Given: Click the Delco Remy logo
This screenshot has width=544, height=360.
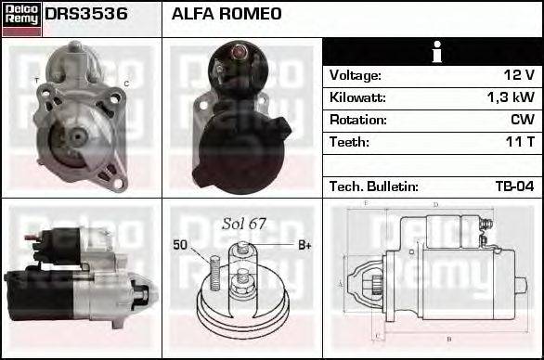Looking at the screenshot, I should [21, 19].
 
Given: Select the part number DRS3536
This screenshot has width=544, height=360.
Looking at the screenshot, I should [86, 15].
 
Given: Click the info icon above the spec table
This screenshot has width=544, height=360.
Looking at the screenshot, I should [432, 52].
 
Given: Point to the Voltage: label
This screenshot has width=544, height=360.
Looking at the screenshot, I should [355, 75].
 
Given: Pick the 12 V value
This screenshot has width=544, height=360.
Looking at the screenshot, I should [519, 75].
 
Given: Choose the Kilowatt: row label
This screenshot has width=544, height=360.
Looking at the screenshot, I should [357, 97].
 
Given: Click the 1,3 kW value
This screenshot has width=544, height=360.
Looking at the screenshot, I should [512, 97].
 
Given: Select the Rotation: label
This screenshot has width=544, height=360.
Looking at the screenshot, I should [357, 120].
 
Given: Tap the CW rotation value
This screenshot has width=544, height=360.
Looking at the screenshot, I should [524, 120].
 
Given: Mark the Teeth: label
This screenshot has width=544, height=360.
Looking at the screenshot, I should [349, 142].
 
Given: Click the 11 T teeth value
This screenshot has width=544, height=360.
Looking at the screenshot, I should [521, 142].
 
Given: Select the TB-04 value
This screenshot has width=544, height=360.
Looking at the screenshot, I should [514, 186].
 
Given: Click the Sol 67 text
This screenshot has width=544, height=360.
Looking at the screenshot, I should [244, 224].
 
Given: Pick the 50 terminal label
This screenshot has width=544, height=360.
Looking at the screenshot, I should [180, 245].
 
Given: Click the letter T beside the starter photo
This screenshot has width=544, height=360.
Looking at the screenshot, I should [37, 82].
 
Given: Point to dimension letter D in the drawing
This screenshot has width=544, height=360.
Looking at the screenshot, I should [435, 206].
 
